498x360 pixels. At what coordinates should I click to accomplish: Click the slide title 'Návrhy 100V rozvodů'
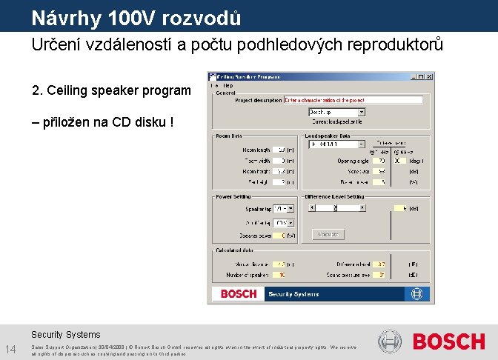pyautogui.click(x=136, y=16)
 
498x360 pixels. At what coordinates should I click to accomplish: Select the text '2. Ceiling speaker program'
pyautogui.click(x=111, y=91)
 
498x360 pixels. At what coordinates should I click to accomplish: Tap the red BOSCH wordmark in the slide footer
pyautogui.click(x=448, y=341)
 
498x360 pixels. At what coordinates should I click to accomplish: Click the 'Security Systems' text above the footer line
pyautogui.click(x=65, y=334)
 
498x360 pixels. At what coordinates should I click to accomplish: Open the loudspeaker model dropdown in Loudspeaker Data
pyautogui.click(x=362, y=144)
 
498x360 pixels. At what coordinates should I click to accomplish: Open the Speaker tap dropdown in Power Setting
pyautogui.click(x=290, y=209)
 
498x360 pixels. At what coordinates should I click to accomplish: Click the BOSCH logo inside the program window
pyautogui.click(x=239, y=294)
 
